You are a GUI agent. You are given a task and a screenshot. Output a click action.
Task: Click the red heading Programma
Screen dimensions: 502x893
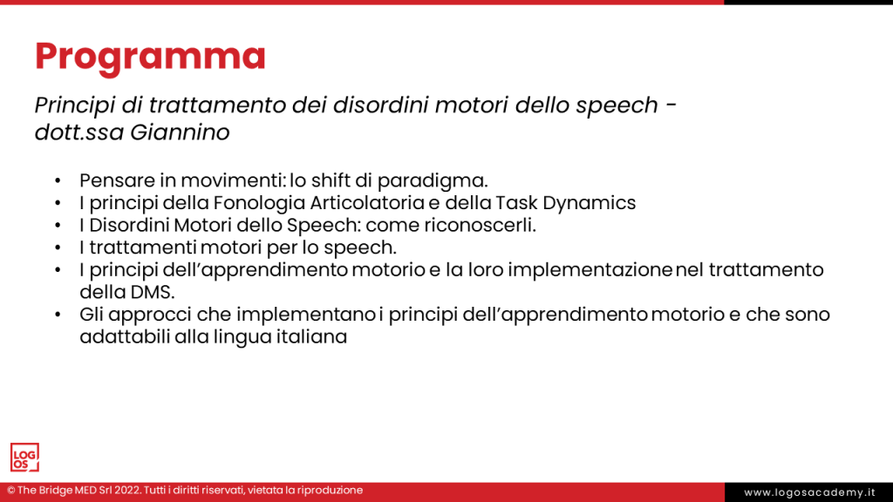(x=150, y=56)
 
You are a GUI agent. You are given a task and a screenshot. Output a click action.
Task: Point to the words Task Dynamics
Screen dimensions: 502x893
(x=581, y=203)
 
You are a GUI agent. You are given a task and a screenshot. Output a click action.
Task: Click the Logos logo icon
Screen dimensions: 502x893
(x=24, y=458)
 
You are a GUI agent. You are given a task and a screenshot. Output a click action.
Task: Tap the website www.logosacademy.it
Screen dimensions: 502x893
(x=809, y=492)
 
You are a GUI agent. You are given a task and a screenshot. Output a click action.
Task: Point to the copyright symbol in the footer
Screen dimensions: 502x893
(x=10, y=491)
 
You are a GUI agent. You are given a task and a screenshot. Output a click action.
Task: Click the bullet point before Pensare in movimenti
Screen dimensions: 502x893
(x=58, y=180)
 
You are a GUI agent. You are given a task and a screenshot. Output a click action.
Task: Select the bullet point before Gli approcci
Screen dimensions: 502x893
(x=58, y=315)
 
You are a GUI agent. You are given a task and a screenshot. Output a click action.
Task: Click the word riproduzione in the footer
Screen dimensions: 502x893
(x=330, y=491)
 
